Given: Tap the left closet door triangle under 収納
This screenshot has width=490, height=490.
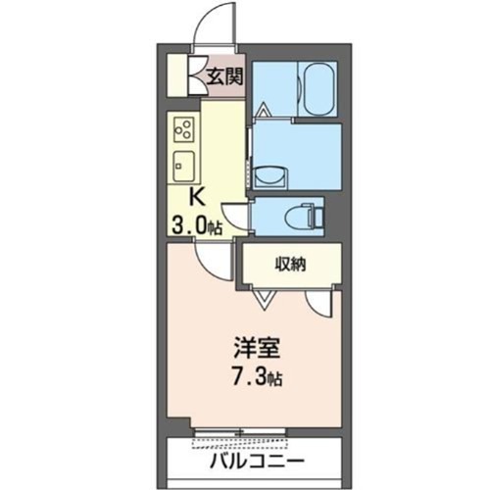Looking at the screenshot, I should [x=260, y=294].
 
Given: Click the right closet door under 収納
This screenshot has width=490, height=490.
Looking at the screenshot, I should [x=320, y=300].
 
